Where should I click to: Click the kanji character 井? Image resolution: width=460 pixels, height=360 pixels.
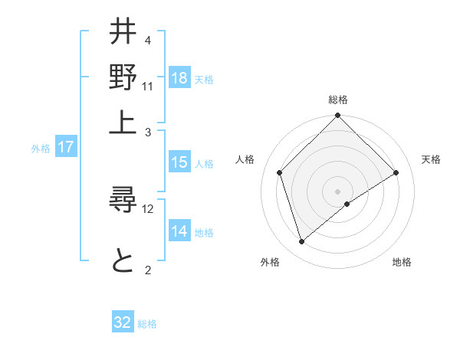(123, 34)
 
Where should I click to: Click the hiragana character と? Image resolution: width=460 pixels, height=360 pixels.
(123, 261)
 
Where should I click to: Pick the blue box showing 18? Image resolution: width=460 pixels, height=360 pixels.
(179, 78)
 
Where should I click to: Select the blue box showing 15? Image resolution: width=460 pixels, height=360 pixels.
(179, 162)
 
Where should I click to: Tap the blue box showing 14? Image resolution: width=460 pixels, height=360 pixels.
(179, 231)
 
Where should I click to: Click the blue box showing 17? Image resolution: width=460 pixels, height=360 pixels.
(66, 148)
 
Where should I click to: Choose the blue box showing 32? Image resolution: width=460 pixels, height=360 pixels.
(123, 322)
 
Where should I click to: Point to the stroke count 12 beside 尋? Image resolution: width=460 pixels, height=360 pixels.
(148, 209)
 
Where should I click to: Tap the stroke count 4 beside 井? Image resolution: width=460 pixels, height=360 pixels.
(147, 40)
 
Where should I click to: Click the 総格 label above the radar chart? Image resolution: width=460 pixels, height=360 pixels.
(338, 100)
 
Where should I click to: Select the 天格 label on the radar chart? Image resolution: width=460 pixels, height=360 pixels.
(431, 159)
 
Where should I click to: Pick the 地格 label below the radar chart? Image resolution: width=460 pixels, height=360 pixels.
(402, 262)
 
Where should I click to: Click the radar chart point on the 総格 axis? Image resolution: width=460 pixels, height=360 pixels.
(338, 116)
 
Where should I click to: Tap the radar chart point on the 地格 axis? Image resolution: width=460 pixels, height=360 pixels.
(347, 204)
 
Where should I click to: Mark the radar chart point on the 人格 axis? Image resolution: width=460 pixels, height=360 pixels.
(280, 172)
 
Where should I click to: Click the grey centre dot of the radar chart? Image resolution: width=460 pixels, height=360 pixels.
(338, 191)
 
